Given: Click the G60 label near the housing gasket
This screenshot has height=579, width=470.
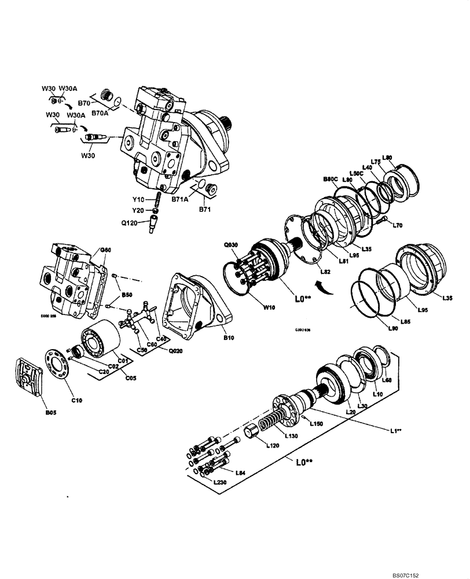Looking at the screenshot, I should coord(105,250).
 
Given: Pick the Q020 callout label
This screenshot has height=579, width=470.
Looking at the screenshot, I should coord(175,351).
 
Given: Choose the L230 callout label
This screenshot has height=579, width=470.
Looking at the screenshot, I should coord(220,482).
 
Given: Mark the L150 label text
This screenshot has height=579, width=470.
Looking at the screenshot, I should coord(315,424).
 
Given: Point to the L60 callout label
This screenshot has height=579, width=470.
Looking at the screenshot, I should coord(387,380).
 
